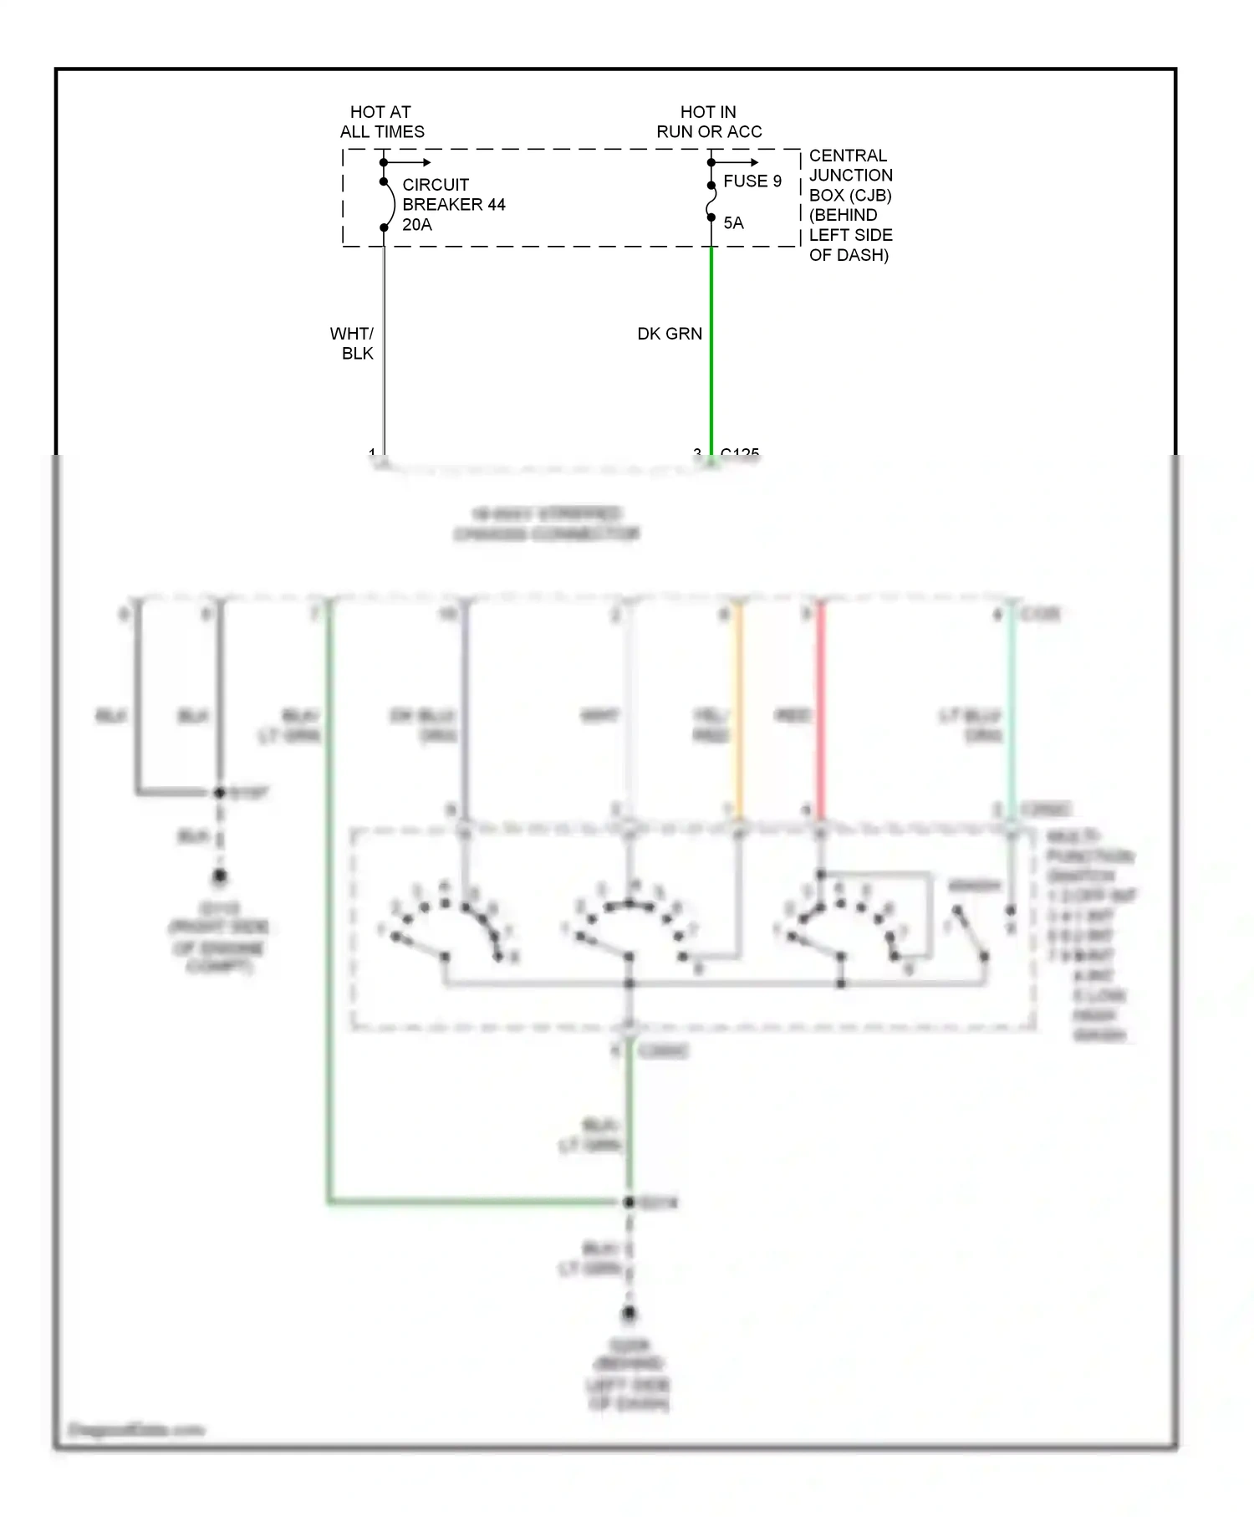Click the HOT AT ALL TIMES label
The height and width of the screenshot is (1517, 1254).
[381, 122]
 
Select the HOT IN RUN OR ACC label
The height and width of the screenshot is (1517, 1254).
[708, 122]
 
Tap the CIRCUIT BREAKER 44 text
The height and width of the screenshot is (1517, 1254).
[453, 195]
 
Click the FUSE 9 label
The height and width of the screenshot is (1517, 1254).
[752, 181]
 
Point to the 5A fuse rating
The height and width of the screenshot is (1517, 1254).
[733, 223]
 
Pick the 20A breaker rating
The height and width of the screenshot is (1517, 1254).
[416, 225]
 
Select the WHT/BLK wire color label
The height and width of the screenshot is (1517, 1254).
[352, 344]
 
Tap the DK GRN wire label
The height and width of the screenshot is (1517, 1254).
[669, 334]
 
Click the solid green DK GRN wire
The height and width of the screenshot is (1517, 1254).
[711, 351]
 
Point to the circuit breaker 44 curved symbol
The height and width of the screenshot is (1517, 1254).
[390, 205]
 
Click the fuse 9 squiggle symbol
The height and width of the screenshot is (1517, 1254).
[711, 202]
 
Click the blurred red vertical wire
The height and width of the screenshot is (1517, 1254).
[820, 711]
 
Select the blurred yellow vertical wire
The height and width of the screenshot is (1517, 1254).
[738, 711]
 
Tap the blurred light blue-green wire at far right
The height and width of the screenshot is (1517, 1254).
[1011, 711]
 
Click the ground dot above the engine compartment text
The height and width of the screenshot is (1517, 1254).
[219, 876]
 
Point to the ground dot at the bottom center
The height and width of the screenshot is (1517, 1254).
[629, 1314]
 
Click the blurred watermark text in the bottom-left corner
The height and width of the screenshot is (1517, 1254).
[135, 1430]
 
